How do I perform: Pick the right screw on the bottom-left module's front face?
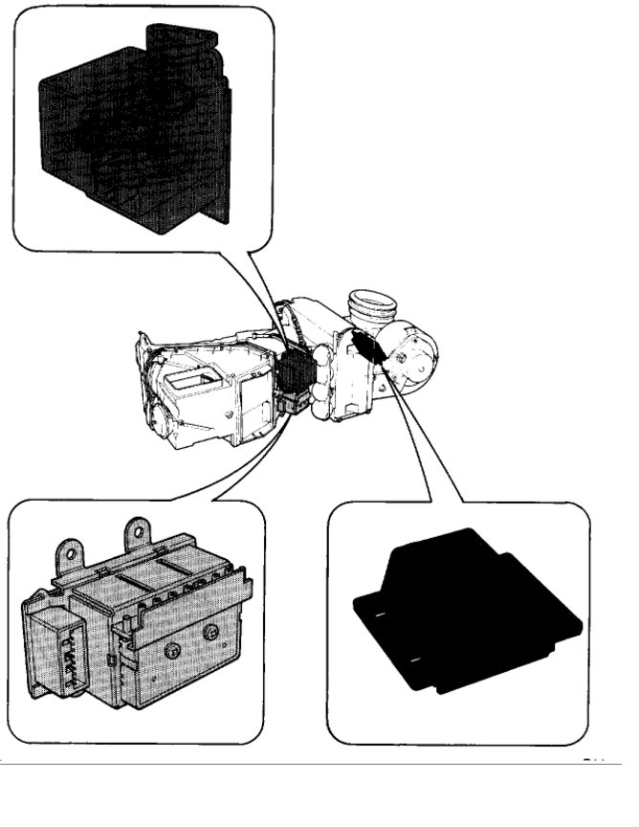[211, 633]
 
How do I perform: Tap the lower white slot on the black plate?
[414, 661]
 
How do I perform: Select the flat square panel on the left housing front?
[253, 397]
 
